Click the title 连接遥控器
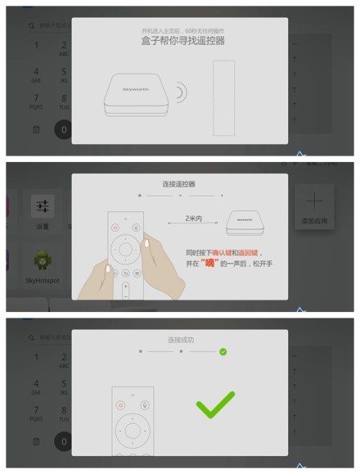tap(179, 183)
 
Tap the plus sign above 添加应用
tap(315, 201)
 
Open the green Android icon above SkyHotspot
tap(43, 261)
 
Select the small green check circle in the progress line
tap(223, 352)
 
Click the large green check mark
tap(215, 404)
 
